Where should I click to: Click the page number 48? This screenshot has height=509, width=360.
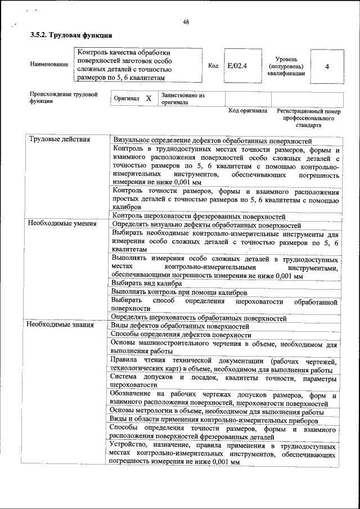(186, 22)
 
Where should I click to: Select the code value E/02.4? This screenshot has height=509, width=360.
(237, 66)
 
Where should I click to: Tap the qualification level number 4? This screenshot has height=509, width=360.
(327, 66)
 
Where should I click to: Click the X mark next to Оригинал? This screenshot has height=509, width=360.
(148, 98)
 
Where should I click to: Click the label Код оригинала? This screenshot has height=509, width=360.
(247, 111)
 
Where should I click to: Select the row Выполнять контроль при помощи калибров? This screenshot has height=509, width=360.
(178, 292)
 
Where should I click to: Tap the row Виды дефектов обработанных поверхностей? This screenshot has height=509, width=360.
(180, 326)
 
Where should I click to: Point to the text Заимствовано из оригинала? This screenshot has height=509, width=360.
(182, 99)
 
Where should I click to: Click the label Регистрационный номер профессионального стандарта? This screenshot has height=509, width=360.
(309, 119)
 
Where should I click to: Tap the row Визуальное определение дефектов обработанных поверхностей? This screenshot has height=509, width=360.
(212, 140)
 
